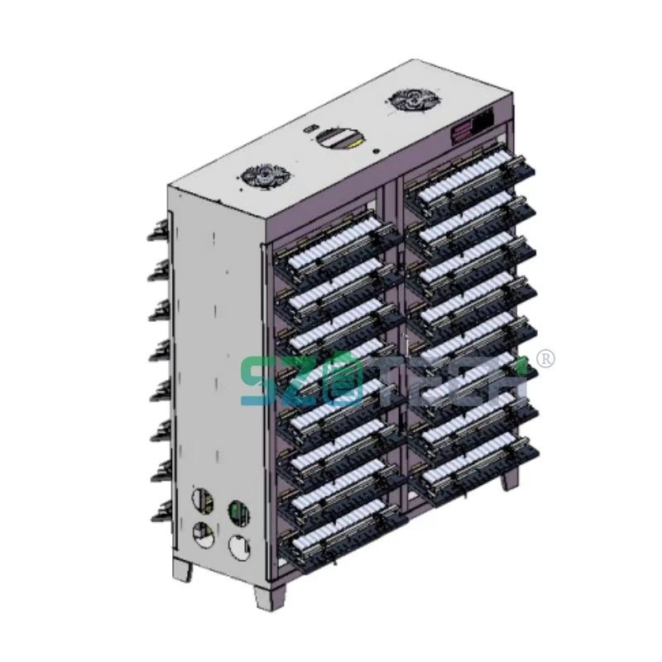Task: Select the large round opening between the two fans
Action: point(335,137)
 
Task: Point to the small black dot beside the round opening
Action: point(377,151)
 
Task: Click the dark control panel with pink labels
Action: point(472,127)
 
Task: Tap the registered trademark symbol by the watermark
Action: point(546,358)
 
